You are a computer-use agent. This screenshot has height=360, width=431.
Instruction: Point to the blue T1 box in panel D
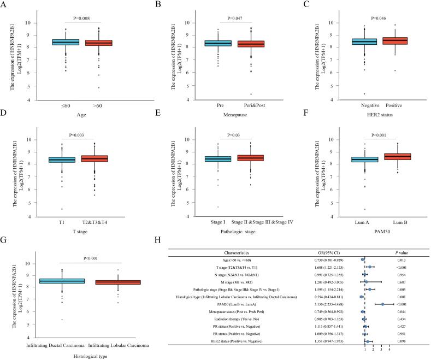(x=62, y=160)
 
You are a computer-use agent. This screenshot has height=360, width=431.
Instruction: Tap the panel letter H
(x=157, y=239)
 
